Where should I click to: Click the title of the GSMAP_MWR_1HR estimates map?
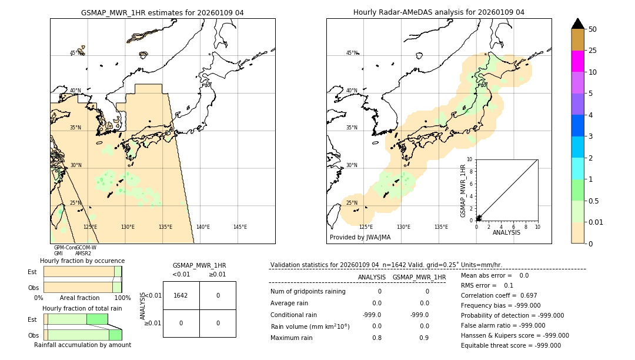pos(162,12)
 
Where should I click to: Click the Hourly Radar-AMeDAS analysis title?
pos(439,12)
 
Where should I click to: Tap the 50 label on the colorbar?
pos(593,29)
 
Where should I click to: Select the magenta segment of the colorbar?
pos(578,61)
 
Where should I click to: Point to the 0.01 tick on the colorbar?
pos(596,222)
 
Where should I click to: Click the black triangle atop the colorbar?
pos(578,24)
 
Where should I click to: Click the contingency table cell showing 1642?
pos(181,295)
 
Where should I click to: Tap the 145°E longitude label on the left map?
pos(240,227)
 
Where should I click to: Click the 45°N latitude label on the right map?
pos(352,53)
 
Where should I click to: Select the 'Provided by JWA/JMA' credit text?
pos(360,238)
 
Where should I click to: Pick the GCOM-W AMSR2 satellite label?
pos(86,251)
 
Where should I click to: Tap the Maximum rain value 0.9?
pos(424,338)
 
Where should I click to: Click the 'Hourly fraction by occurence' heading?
pos(82,261)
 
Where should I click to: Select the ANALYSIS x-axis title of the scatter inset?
pos(506,232)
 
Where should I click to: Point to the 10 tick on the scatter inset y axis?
pos(470,159)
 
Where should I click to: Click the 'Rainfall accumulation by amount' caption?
pos(82,345)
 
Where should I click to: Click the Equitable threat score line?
pos(510,345)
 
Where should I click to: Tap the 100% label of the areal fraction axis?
pos(122,298)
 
